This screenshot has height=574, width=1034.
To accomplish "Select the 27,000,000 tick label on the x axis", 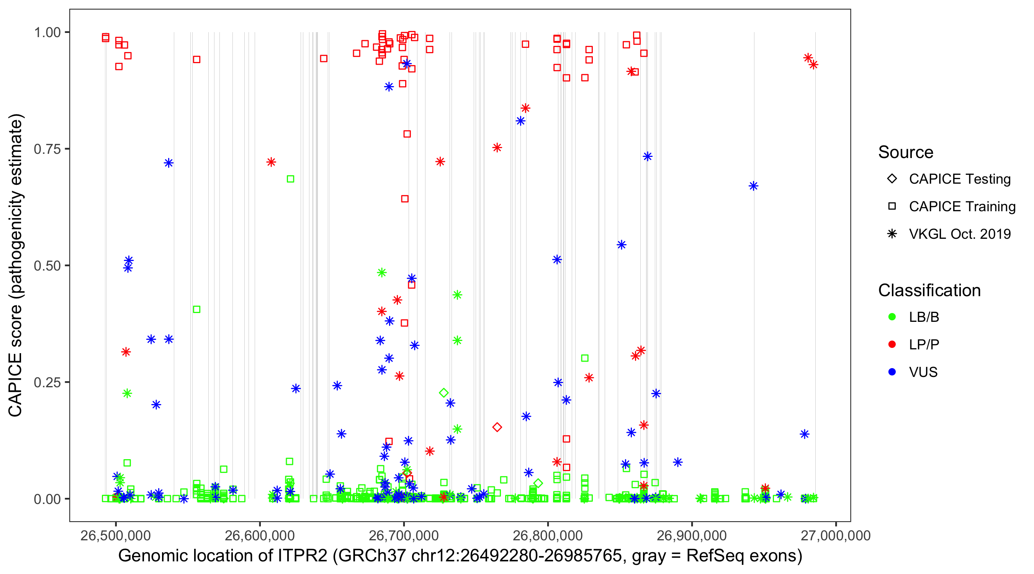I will tap(836, 535).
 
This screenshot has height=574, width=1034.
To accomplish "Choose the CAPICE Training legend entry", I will tap(962, 207).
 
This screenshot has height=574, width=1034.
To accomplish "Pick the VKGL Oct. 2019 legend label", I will tap(959, 234).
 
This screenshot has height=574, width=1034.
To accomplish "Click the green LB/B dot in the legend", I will tap(892, 317).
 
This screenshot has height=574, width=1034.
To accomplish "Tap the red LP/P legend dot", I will tap(892, 344).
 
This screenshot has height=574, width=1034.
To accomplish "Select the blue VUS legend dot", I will tap(892, 372).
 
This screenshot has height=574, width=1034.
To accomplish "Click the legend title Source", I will tap(906, 152).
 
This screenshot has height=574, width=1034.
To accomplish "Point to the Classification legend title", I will tap(929, 290).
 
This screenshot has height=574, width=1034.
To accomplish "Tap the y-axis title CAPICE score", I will tap(16, 265).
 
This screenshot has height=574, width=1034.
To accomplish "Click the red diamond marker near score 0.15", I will tap(497, 427).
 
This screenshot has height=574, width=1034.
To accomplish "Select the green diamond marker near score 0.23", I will tap(443, 393).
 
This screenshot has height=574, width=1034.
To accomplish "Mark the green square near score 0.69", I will tap(290, 179).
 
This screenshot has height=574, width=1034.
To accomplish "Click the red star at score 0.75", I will tap(497, 148).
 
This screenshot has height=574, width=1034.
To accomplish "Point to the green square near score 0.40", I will tap(197, 309).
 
